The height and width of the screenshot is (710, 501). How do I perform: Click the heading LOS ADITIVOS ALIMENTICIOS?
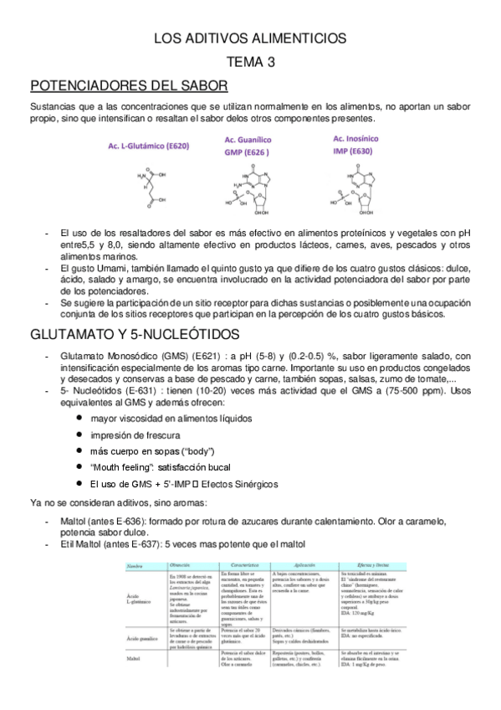coord(250,39)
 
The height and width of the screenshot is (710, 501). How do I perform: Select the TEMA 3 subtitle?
coord(250,62)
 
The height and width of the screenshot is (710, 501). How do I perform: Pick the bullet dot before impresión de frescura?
coord(79,434)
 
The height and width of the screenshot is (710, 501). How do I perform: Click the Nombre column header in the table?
coord(136,566)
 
